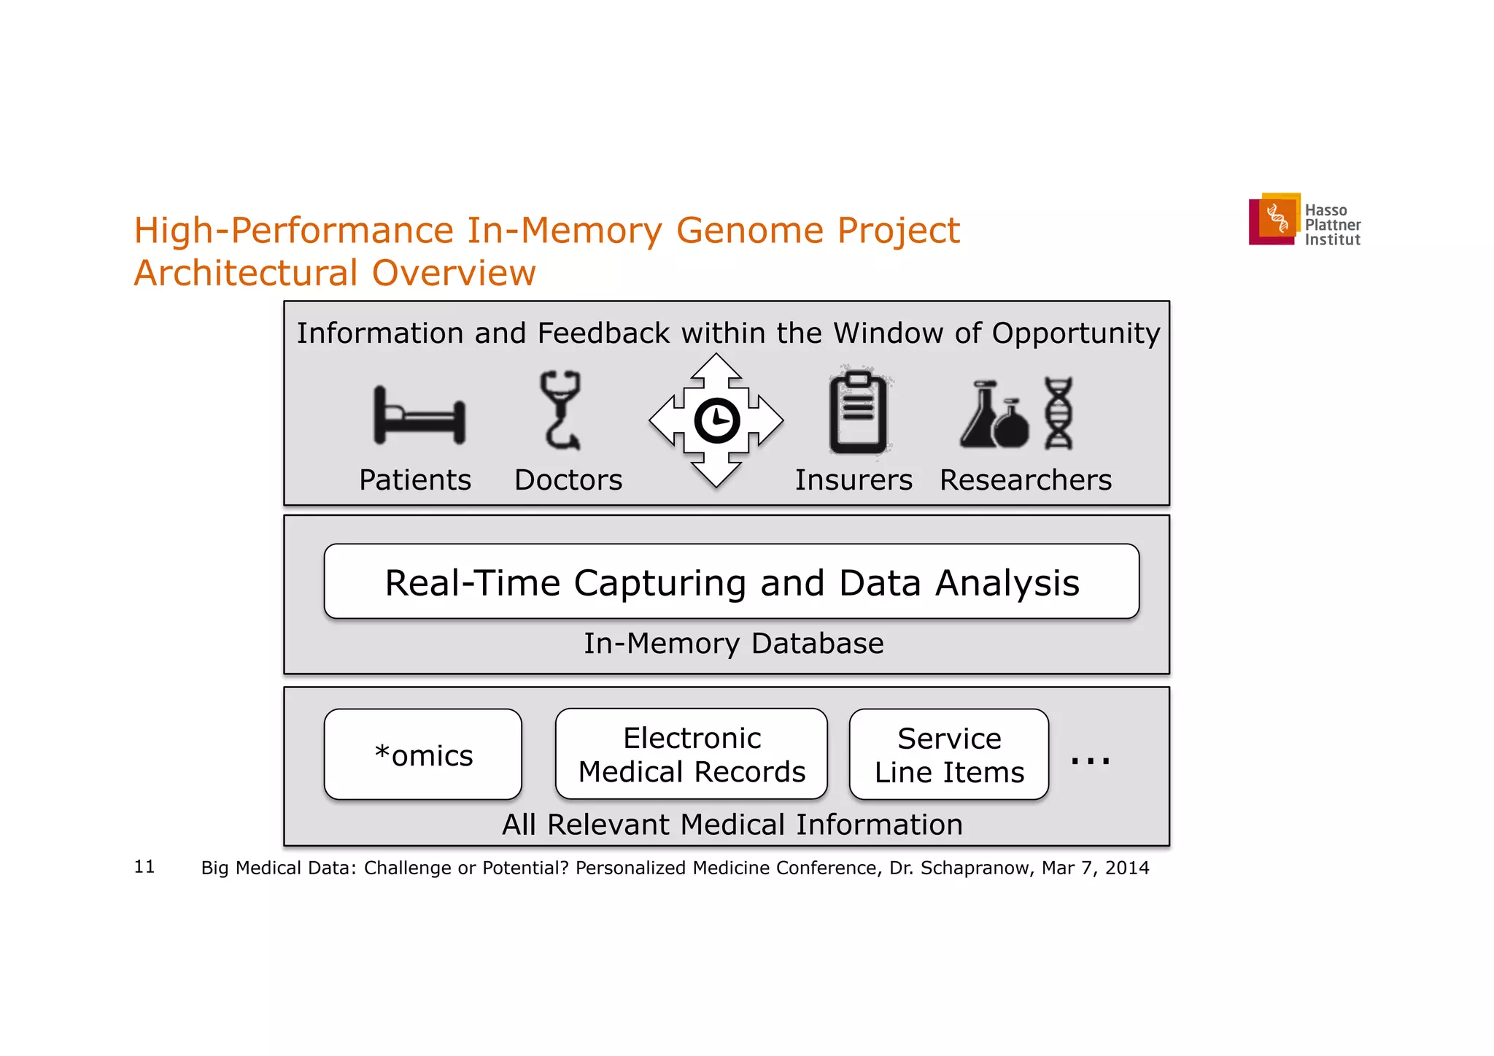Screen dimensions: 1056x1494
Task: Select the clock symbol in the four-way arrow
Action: coord(716,420)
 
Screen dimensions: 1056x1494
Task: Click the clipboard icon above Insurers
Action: coord(858,414)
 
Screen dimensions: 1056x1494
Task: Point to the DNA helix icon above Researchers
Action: coord(1058,413)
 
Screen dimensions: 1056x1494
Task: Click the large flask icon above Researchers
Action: coord(980,417)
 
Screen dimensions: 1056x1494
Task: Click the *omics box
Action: coord(423,755)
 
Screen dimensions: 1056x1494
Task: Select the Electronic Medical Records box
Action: coord(691,755)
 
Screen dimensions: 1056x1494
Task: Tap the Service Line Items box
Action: coord(948,755)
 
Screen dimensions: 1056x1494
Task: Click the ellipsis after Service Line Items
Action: coord(1090,760)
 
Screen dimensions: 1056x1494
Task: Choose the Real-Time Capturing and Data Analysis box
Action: coord(731,582)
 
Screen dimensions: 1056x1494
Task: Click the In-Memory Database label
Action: coord(733,644)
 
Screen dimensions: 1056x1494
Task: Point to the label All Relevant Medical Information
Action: coord(732,825)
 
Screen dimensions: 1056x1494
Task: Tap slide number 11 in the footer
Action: coord(144,866)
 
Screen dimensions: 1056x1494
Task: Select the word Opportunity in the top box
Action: coord(1075,334)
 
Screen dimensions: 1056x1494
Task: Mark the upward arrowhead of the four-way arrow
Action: coord(716,365)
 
